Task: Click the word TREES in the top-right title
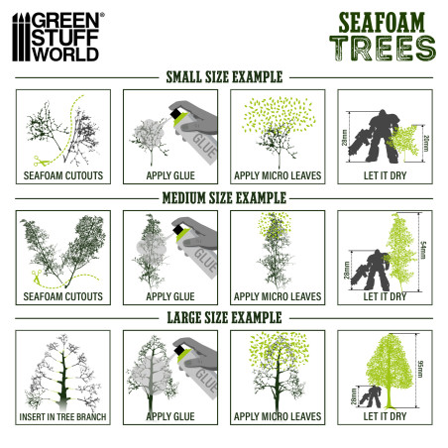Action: [381, 47]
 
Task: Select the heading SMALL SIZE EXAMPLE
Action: [223, 76]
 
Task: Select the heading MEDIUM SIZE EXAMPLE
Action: [223, 198]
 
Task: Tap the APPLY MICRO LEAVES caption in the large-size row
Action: [277, 416]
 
